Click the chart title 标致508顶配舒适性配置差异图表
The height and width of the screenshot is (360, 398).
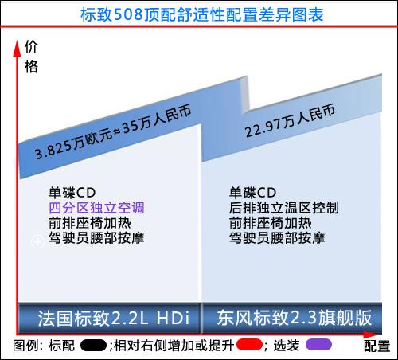(x=202, y=14)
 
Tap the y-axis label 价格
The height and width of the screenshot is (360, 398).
(x=31, y=57)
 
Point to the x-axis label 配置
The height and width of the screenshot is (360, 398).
(x=377, y=346)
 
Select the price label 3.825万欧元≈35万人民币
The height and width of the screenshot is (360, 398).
(x=113, y=131)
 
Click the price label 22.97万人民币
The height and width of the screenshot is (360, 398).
(x=290, y=120)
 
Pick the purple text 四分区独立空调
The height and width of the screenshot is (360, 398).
(x=96, y=208)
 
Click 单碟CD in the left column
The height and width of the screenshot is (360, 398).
(x=72, y=193)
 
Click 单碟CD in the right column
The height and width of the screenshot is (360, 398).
(x=252, y=193)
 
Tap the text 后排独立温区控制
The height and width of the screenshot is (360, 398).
(x=284, y=208)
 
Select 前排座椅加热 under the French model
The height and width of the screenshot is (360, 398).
(x=90, y=223)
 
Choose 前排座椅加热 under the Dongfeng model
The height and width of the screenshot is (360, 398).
(x=271, y=223)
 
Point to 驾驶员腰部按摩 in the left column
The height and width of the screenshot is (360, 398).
(x=96, y=238)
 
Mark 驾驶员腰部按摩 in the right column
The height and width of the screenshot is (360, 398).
(x=277, y=238)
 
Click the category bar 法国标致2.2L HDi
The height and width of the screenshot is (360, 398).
(x=109, y=318)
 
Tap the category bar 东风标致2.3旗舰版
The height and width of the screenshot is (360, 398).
(x=292, y=318)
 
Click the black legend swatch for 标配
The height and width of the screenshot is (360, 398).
(x=93, y=346)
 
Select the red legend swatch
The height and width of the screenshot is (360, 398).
(x=249, y=345)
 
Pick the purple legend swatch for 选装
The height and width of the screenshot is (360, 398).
(x=318, y=345)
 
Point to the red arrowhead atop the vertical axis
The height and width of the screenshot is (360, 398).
(x=17, y=48)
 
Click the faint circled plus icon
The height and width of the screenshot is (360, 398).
(x=37, y=241)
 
